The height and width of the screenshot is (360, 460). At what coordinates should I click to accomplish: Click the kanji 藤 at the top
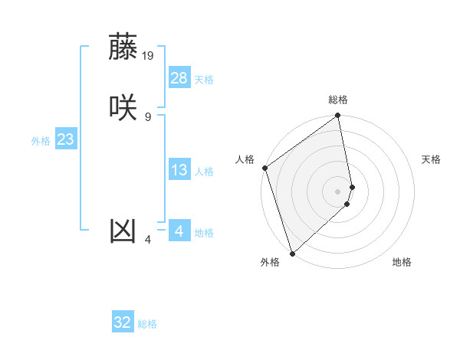123,47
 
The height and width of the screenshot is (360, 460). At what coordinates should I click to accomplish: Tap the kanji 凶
123,231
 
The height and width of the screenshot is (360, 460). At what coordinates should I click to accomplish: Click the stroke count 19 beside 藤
148,56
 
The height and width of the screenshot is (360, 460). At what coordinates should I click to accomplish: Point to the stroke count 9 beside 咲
148,116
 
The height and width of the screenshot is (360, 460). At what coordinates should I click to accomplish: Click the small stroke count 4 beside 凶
148,240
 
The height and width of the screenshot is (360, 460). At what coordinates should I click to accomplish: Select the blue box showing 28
179,78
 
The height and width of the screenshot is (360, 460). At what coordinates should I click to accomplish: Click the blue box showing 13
179,170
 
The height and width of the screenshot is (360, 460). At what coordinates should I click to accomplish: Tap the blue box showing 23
65,139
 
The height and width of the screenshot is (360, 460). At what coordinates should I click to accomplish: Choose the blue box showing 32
123,322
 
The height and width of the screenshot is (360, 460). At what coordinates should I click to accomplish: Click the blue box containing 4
179,231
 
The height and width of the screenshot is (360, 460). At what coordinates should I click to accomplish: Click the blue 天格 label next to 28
204,80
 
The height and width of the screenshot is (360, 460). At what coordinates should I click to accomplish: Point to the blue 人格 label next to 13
204,172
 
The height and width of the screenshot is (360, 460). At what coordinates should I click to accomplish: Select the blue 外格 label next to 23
41,141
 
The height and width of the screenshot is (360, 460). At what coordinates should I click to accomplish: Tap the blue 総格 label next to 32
147,324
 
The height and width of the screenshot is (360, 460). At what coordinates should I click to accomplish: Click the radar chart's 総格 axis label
338,100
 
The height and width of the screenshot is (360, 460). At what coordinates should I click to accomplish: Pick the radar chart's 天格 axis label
431,159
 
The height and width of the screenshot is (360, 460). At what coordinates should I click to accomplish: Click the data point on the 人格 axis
264,168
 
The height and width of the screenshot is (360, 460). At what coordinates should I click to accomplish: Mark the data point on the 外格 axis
292,253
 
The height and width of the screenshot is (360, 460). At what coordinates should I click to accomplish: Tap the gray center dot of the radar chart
338,190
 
